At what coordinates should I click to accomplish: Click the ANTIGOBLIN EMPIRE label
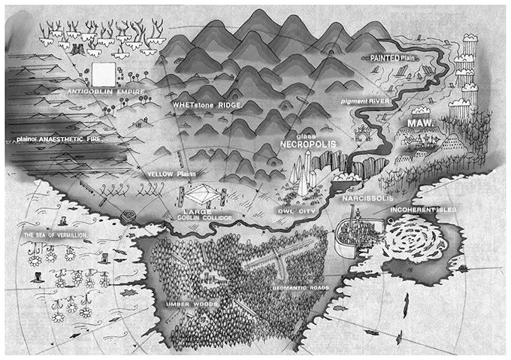[x=105, y=92]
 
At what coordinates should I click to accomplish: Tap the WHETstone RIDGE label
[x=207, y=105]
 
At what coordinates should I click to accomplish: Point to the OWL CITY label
[x=295, y=201]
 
